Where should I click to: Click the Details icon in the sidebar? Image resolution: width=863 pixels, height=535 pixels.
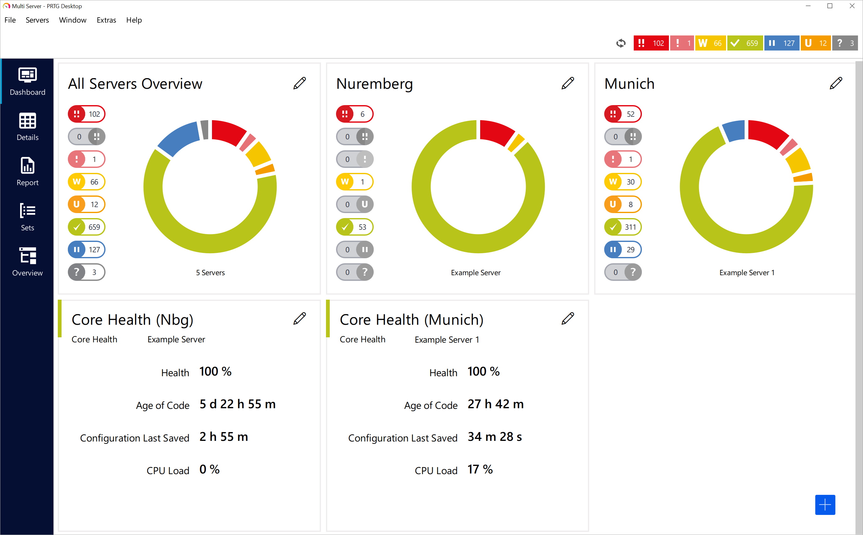[x=27, y=126]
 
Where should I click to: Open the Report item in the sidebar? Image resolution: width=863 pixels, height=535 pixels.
[x=27, y=172]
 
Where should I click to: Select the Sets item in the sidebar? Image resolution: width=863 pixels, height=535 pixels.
[x=27, y=217]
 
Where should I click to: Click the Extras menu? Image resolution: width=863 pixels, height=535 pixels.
[x=106, y=20]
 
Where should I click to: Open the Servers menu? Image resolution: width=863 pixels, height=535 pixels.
[x=37, y=20]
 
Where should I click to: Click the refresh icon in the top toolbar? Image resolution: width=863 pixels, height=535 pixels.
[x=621, y=43]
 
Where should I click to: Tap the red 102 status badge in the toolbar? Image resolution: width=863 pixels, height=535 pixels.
[x=651, y=43]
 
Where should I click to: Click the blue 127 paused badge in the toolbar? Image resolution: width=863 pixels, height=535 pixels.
[x=782, y=43]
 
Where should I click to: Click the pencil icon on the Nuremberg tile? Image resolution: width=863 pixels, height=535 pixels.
[x=568, y=83]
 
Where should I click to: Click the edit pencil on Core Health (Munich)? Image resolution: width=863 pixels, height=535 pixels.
[x=568, y=318]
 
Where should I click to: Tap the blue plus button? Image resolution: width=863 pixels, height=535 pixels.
[x=825, y=505]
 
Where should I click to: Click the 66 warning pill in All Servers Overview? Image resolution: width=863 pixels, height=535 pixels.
[x=86, y=182]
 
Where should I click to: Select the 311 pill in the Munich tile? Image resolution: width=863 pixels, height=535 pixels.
[x=623, y=227]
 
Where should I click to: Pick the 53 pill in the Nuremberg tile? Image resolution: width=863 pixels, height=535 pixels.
[x=355, y=227]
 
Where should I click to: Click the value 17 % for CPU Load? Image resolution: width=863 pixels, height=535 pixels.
[x=480, y=469]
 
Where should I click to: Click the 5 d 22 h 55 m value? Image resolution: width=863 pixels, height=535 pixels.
[x=237, y=404]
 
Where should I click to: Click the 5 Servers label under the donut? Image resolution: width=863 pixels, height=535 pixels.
[x=210, y=273]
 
